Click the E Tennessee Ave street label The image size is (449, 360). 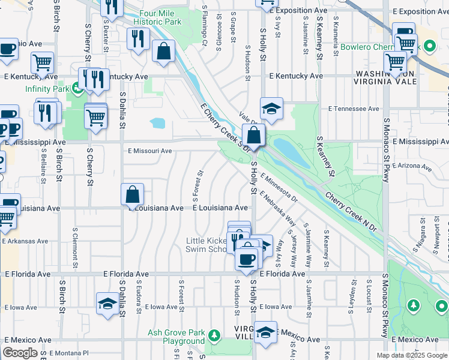[354, 109]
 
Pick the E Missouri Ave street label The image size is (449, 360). [149, 151]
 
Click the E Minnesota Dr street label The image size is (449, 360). [279, 187]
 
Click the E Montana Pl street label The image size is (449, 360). [68, 353]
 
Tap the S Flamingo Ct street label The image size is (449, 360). [205, 26]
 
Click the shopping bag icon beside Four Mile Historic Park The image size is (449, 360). [163, 51]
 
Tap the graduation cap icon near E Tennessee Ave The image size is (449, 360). [271, 109]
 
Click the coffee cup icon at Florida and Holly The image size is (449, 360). [246, 259]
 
